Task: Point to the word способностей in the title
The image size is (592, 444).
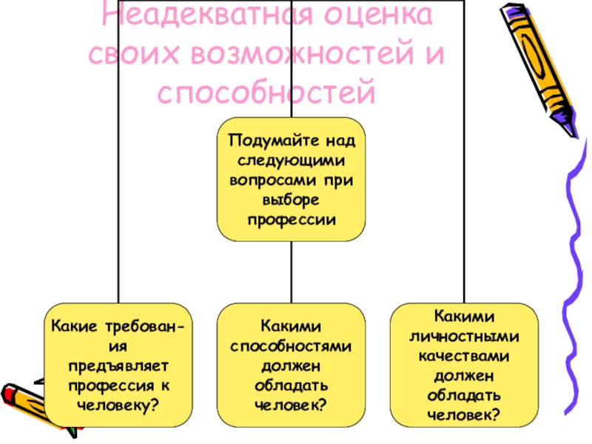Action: click(x=263, y=92)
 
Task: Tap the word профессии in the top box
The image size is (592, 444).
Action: click(x=291, y=220)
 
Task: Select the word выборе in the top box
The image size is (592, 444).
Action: click(x=291, y=200)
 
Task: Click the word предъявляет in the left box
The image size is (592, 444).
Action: click(x=118, y=366)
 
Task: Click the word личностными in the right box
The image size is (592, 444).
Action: click(x=465, y=337)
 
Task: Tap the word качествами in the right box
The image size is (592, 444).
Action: click(x=465, y=356)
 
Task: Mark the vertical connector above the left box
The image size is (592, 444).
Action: click(x=118, y=185)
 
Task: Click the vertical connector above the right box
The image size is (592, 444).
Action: click(x=464, y=185)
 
